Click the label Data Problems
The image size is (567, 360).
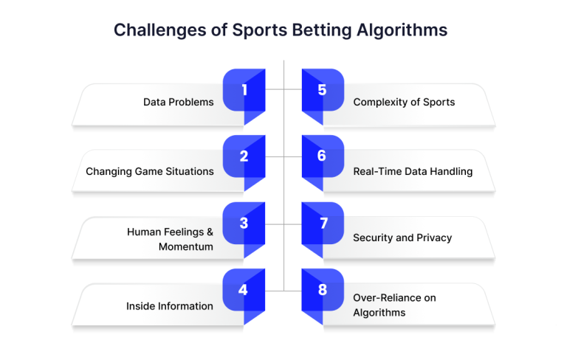[178, 103]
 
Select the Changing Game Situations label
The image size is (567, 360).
[150, 171]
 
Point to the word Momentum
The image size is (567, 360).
[186, 247]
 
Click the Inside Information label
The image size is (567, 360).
[170, 306]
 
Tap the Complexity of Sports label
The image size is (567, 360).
[404, 103]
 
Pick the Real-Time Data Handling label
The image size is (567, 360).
[413, 171]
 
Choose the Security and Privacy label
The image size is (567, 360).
[402, 238]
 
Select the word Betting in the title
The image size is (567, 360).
[322, 30]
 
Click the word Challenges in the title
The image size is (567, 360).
[160, 30]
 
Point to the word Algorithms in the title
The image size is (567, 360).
[402, 30]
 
